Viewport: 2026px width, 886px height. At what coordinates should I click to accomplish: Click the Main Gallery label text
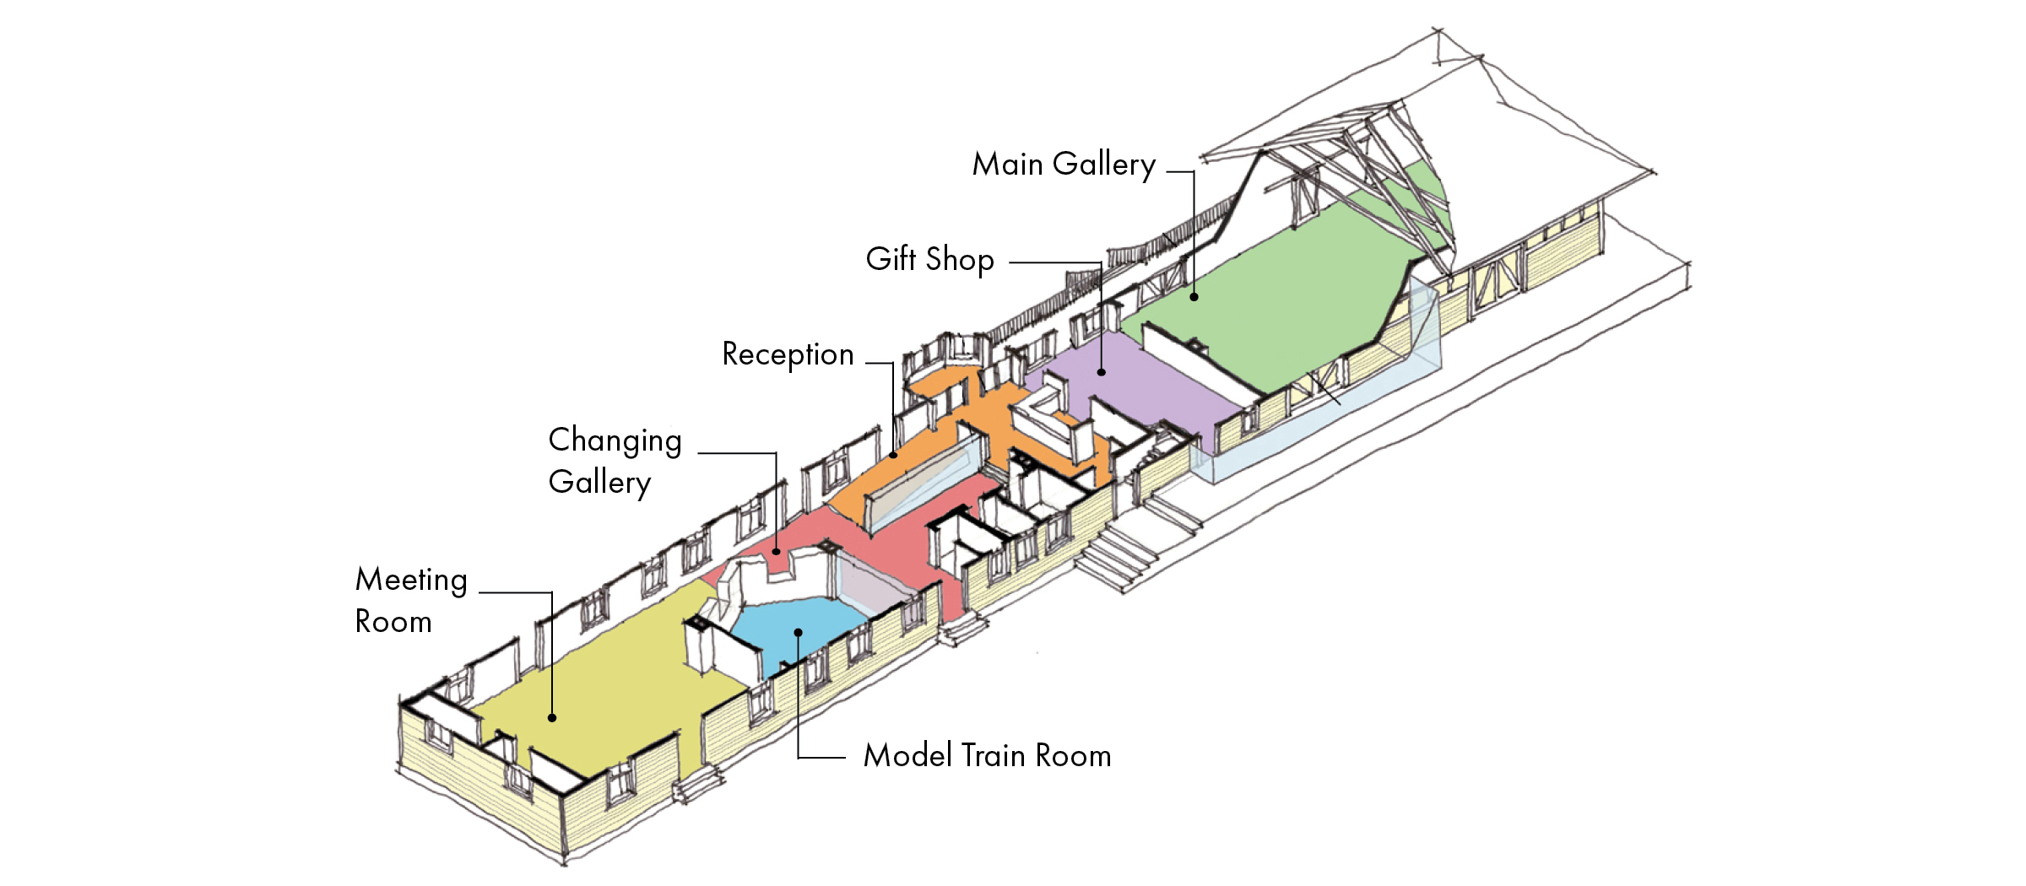1064,165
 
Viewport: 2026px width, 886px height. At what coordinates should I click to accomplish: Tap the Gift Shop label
929,259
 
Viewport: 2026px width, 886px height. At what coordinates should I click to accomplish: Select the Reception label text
788,354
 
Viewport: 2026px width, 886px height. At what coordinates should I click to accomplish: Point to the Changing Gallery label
615,461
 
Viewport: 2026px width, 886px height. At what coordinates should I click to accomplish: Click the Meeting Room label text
411,600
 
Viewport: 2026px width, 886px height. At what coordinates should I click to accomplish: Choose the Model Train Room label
987,755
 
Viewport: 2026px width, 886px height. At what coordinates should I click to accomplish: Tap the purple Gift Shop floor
1140,380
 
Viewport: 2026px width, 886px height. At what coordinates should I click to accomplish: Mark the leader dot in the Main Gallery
1194,297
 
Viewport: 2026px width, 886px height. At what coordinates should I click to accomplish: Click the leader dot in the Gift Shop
1102,372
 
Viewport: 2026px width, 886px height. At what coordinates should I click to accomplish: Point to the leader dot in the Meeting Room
552,718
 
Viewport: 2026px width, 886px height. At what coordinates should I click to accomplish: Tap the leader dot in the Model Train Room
798,632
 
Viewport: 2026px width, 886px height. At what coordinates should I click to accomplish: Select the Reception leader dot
893,456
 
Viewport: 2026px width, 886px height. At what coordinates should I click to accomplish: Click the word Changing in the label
615,441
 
